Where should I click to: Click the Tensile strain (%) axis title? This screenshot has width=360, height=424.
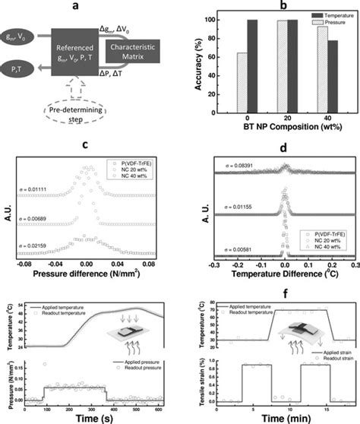click(191, 378)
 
